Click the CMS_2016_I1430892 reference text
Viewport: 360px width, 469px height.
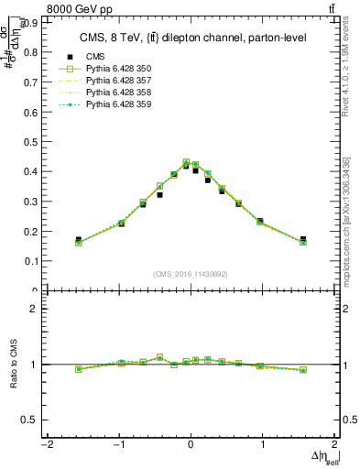coord(191,274)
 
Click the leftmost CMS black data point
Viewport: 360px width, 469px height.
coord(79,240)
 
